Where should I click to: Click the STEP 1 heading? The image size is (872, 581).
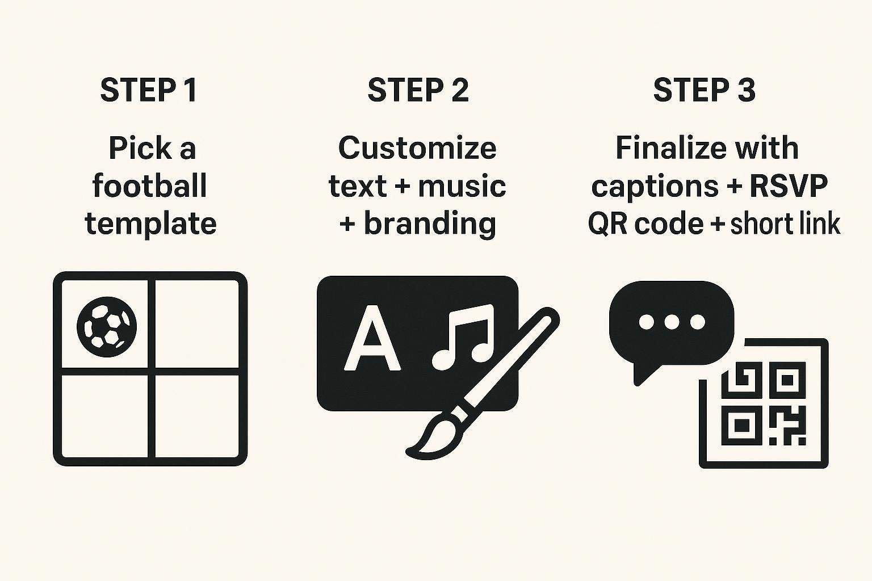click(x=148, y=90)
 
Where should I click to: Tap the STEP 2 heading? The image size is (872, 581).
click(x=418, y=90)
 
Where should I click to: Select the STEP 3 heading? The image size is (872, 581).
click(x=704, y=90)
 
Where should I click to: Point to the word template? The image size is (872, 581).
click(x=150, y=224)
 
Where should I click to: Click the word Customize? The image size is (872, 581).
click(x=417, y=148)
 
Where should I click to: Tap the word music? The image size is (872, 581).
click(x=462, y=186)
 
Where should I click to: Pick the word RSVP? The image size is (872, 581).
click(x=789, y=186)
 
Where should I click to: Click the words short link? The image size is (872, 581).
click(x=785, y=224)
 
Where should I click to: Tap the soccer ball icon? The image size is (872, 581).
click(x=107, y=327)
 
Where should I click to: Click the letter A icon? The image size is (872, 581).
click(x=372, y=338)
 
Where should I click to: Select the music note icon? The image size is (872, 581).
click(x=463, y=336)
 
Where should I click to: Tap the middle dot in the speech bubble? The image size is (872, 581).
click(x=672, y=322)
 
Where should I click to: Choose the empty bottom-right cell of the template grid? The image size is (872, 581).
click(x=197, y=416)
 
